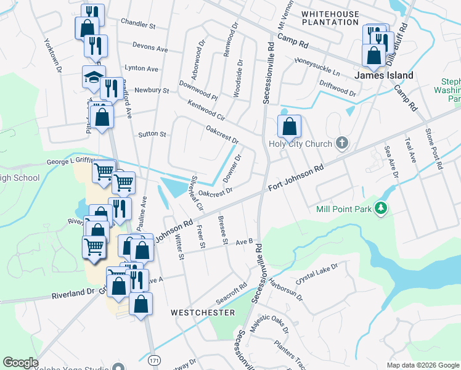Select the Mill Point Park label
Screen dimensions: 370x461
344,209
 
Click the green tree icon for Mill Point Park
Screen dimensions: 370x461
382,208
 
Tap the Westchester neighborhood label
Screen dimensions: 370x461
203,313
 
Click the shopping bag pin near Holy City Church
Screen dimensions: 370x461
290,127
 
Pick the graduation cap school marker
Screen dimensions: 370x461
93,78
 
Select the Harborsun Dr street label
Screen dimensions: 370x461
291,287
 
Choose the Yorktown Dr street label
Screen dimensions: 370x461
52,56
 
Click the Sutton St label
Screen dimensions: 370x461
152,134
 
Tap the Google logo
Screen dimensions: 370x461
21,363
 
